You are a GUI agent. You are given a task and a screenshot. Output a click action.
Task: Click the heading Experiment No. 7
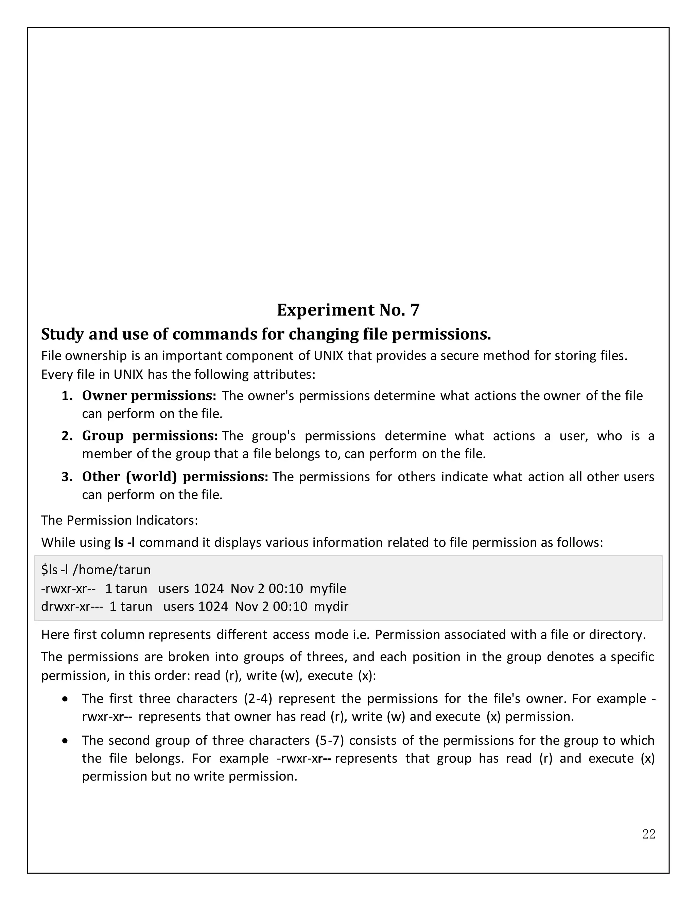point(348,310)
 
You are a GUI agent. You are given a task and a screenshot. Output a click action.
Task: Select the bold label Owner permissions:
point(149,396)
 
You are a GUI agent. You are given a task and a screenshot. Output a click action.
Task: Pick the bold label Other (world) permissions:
point(175,476)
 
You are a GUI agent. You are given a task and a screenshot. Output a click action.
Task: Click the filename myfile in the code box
point(328,589)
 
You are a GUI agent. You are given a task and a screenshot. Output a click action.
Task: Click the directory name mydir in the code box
point(331,607)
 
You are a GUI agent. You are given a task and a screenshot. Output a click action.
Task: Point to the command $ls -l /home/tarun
point(96,570)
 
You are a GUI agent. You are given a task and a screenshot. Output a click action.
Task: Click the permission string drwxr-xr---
point(72,607)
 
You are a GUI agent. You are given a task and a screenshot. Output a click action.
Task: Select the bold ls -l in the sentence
point(125,542)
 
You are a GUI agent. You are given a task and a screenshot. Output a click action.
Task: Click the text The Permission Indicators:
point(120,520)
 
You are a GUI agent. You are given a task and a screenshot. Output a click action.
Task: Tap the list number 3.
point(67,477)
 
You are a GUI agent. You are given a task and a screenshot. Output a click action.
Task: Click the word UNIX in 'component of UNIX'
point(329,355)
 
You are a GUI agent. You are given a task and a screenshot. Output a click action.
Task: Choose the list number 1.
point(67,396)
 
